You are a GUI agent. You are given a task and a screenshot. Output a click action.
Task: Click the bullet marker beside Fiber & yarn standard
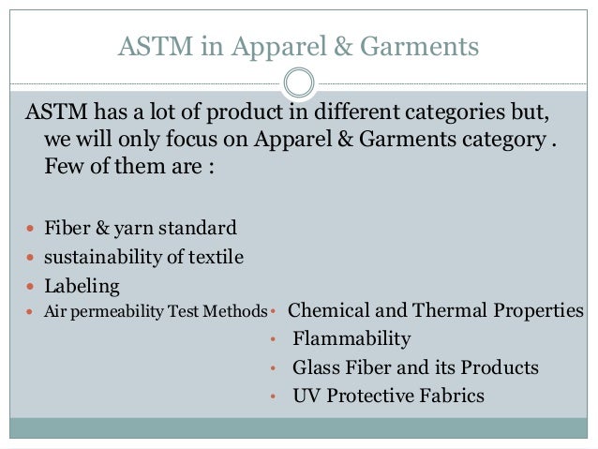[31, 229]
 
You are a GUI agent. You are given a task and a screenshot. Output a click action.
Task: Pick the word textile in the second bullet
[215, 256]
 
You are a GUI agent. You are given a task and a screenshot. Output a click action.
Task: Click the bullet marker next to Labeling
[31, 286]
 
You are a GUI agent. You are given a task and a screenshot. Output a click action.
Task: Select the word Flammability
[351, 338]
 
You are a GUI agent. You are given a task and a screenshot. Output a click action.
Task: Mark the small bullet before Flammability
[272, 340]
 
